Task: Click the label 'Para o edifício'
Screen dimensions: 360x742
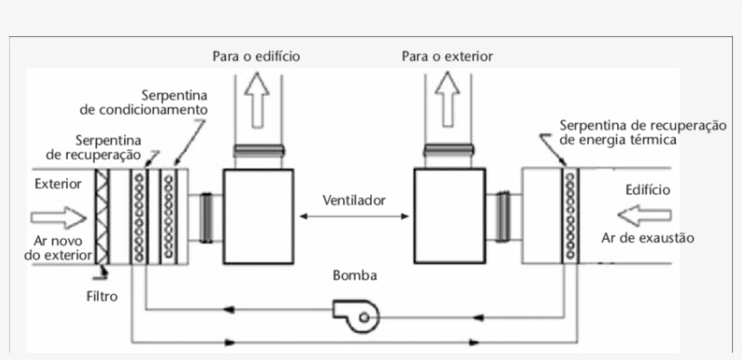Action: [256, 56]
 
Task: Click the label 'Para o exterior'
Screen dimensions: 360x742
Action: [447, 56]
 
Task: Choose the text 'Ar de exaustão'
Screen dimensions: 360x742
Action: [647, 239]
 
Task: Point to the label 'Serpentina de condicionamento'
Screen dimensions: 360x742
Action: [145, 102]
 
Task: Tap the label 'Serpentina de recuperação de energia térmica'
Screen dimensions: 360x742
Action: [642, 132]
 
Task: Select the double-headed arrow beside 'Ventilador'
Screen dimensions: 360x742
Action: [353, 215]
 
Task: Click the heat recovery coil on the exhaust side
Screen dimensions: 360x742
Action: [569, 215]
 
